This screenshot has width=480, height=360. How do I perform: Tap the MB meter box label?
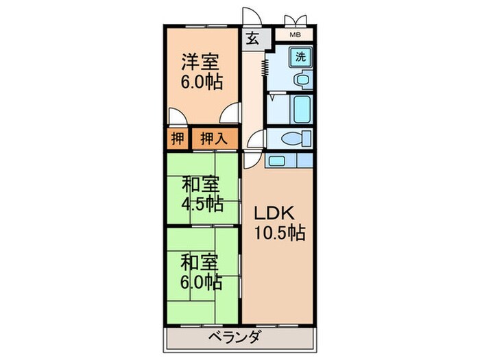(x=295, y=34)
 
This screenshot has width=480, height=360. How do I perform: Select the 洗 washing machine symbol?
(x=301, y=57)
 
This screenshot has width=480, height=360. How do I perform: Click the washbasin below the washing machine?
(x=300, y=81)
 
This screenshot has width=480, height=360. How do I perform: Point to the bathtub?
(x=302, y=109)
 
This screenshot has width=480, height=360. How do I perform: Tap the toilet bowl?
(x=291, y=139)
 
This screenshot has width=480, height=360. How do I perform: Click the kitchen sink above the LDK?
(x=278, y=161)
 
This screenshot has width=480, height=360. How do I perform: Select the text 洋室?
(x=200, y=62)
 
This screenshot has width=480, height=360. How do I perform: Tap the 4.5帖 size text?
(x=201, y=204)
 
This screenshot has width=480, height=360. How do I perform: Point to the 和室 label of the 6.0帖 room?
(x=200, y=261)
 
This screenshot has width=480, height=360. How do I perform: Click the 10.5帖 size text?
(x=282, y=234)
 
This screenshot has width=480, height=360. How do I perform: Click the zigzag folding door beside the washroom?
(x=264, y=69)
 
